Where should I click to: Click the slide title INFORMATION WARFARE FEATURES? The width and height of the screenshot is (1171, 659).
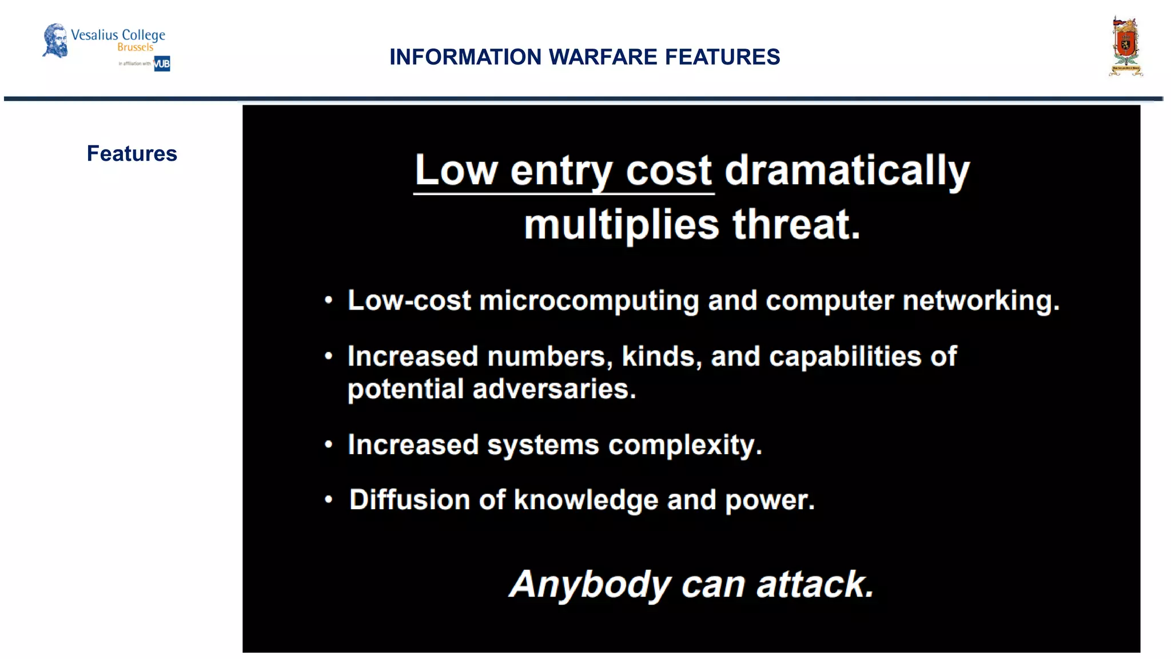(584, 57)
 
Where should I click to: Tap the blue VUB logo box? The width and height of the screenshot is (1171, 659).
(162, 63)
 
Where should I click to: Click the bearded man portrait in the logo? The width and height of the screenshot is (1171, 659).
(55, 40)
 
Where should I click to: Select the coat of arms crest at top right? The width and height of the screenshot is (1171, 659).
(1125, 47)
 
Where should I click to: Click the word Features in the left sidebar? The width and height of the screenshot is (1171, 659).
(132, 154)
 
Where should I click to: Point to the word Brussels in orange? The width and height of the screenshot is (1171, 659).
(136, 47)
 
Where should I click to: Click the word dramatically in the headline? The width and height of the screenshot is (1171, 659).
(847, 170)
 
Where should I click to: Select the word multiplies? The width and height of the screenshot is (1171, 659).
(622, 224)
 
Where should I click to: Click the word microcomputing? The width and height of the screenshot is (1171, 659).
(589, 301)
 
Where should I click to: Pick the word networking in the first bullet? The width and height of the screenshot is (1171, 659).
(981, 301)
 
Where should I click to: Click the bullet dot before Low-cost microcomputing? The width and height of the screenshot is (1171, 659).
(328, 300)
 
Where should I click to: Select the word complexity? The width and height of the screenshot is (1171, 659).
(684, 445)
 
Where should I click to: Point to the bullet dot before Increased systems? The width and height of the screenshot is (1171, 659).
(328, 444)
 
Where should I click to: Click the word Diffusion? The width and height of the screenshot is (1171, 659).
(409, 499)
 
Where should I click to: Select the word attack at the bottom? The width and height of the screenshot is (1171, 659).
(815, 585)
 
